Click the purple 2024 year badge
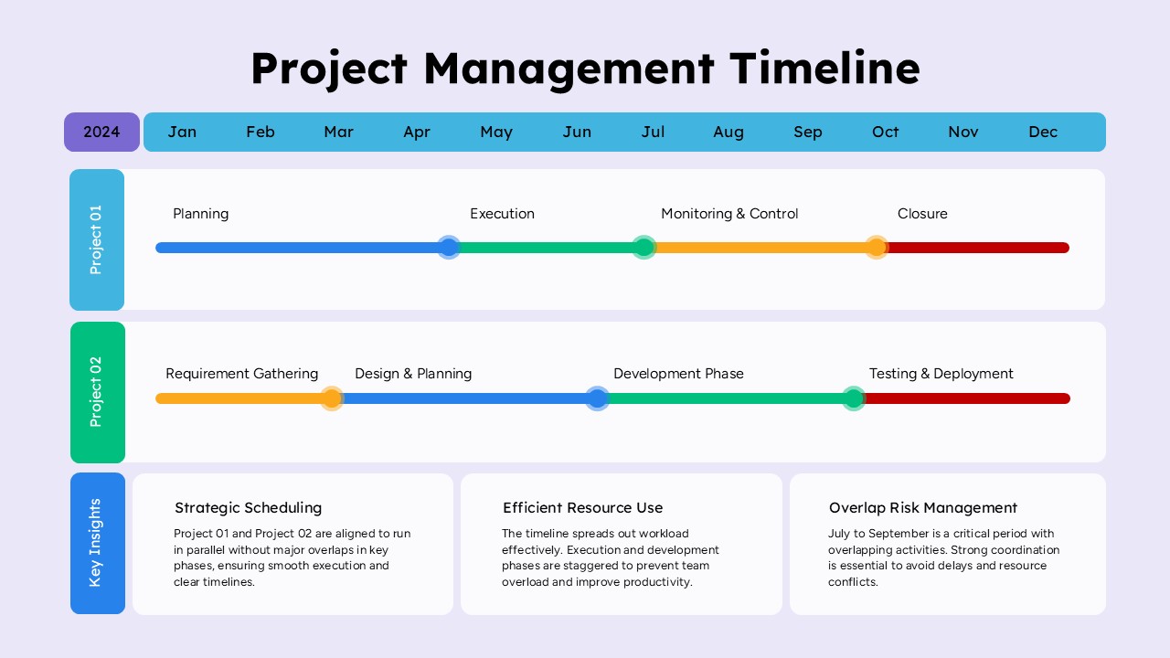101,133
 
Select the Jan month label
182,133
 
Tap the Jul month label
653,133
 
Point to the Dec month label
1043,133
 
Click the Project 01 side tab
97,239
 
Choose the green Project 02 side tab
98,392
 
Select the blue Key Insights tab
98,543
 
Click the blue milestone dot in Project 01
449,248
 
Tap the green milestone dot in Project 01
644,248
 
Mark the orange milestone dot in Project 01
877,248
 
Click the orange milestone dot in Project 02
331,399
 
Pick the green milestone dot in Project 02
854,399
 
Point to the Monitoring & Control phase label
729,214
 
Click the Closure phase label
922,214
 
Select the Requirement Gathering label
242,374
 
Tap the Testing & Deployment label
941,374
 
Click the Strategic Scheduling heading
248,507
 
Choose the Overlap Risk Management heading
923,507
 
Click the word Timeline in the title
824,69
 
